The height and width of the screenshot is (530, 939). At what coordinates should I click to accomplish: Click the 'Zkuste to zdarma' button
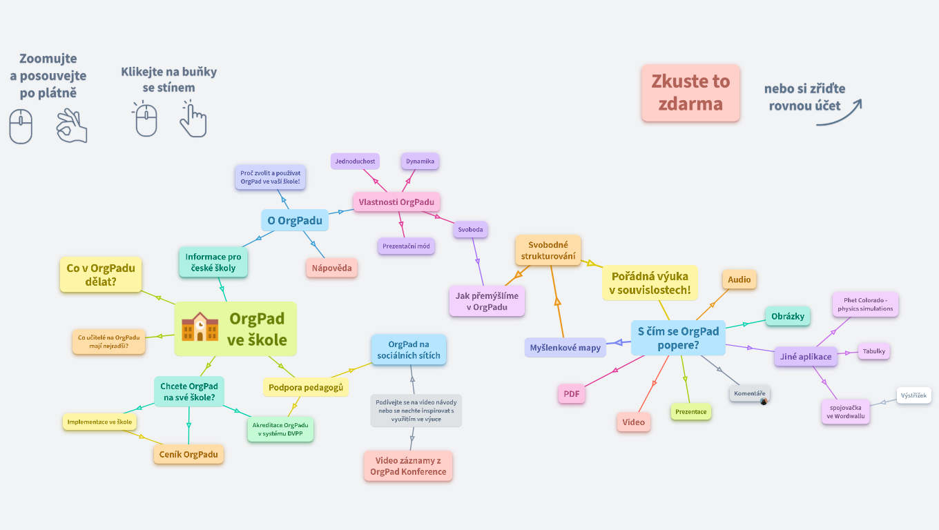[690, 93]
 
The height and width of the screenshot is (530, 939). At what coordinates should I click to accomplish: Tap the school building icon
[200, 327]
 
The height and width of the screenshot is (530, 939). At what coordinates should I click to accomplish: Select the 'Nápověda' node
[331, 268]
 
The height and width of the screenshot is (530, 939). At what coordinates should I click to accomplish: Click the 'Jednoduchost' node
[355, 161]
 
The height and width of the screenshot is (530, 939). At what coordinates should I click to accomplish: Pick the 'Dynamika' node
[420, 161]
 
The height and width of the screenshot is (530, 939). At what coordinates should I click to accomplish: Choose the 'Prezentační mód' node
[407, 246]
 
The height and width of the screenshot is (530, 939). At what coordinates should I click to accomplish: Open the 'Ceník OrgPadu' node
[188, 454]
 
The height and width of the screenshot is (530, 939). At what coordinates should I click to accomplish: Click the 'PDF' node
[571, 394]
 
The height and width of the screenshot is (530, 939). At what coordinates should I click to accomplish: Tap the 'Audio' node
[739, 279]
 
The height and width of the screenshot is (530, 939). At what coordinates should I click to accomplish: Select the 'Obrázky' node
[788, 316]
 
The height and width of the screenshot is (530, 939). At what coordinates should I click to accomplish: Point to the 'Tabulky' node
[873, 351]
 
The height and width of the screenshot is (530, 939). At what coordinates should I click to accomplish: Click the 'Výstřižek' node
[914, 395]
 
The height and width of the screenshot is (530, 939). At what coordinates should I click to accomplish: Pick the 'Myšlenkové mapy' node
[565, 348]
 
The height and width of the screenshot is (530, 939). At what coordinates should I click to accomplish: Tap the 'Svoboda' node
[471, 230]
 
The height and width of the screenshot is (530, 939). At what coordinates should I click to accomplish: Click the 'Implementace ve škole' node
[99, 422]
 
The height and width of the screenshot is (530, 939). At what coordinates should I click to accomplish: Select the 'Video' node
[633, 422]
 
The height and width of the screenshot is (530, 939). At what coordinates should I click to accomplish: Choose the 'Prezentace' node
[690, 412]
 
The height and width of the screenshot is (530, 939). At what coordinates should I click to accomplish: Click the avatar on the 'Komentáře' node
[764, 401]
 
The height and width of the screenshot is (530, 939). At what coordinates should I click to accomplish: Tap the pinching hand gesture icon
[72, 126]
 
